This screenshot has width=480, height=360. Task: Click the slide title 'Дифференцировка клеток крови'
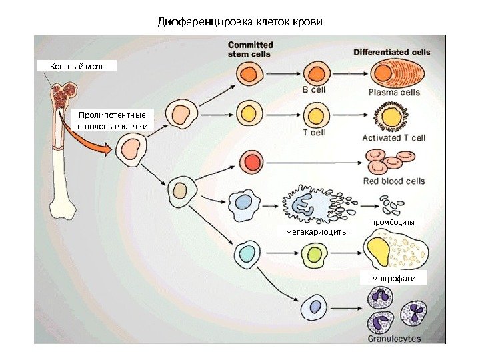(240, 22)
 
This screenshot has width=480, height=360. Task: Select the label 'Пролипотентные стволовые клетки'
(111, 120)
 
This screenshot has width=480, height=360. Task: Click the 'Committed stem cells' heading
(250, 49)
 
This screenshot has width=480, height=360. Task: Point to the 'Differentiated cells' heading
(391, 51)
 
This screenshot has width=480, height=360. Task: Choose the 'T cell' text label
(313, 133)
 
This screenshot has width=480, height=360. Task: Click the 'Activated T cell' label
(393, 138)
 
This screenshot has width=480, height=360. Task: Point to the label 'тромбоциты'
(393, 221)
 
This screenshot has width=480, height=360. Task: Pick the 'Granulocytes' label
(394, 339)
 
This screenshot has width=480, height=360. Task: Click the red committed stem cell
(252, 162)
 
